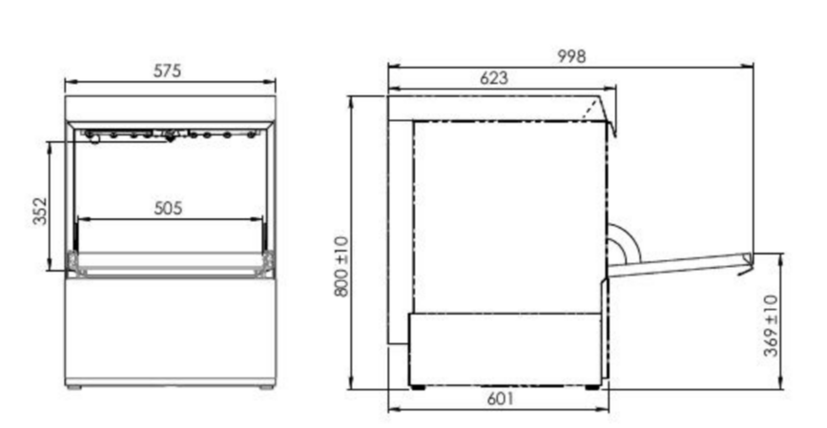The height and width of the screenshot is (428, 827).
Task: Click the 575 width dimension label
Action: (x=167, y=71)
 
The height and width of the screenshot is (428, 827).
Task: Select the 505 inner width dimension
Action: (x=168, y=208)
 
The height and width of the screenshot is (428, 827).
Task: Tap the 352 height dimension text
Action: (x=40, y=211)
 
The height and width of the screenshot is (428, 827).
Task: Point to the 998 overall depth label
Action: (x=571, y=56)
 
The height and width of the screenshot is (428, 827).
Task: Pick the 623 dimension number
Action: (x=494, y=78)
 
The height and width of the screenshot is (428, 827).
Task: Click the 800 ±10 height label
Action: (x=341, y=267)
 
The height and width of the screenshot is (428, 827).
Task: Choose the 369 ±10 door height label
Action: (x=771, y=326)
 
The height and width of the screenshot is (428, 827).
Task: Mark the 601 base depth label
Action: (x=500, y=399)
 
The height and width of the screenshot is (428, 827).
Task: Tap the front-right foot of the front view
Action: (x=267, y=387)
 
